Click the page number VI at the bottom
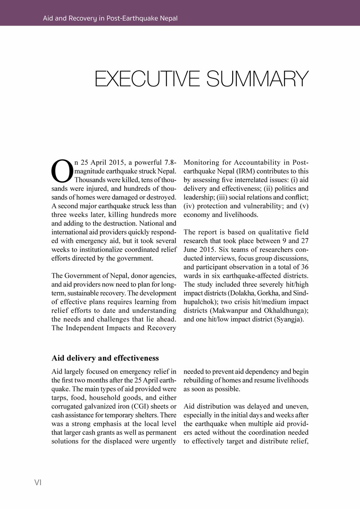[x=38, y=482]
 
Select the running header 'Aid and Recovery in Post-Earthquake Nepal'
[x=110, y=18]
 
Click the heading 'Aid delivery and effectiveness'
[x=105, y=358]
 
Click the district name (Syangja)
[x=287, y=320]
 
